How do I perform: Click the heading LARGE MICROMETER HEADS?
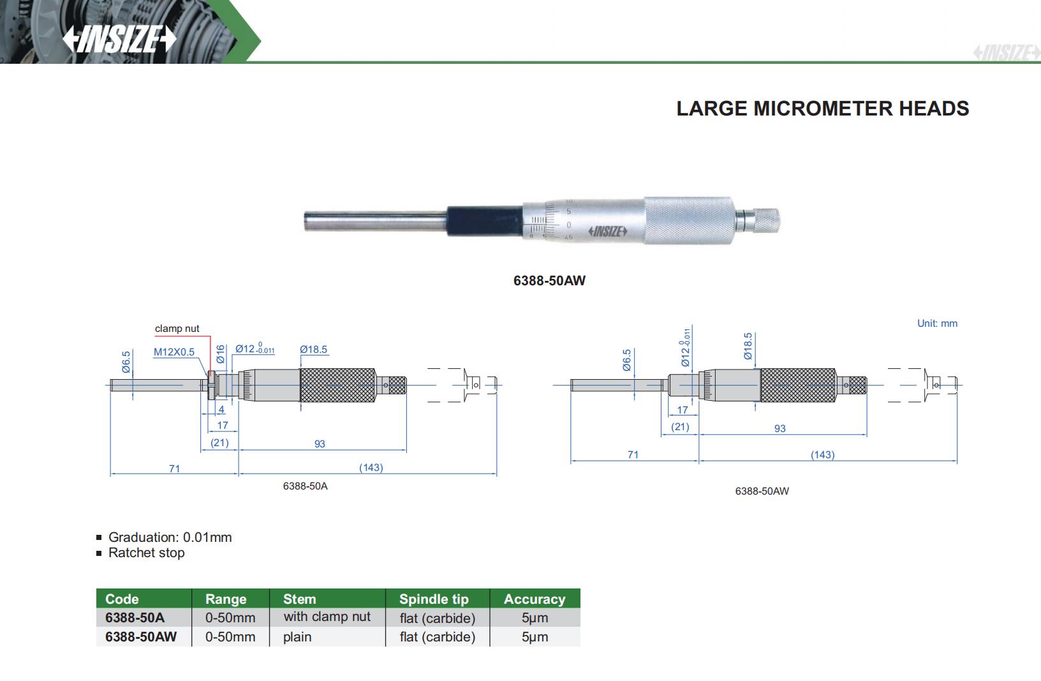click(x=822, y=109)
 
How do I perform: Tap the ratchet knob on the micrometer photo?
click(x=765, y=220)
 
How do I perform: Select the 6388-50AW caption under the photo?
click(x=549, y=280)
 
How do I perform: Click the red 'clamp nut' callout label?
click(x=177, y=329)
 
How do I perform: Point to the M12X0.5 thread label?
click(x=173, y=352)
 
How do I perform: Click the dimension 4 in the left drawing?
click(x=221, y=409)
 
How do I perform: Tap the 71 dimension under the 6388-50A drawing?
click(x=174, y=468)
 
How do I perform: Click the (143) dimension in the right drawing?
click(x=822, y=454)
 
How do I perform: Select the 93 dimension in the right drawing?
click(x=779, y=428)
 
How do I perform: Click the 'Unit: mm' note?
click(x=937, y=323)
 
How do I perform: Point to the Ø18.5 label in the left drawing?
click(x=313, y=349)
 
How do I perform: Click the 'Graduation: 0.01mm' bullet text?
click(x=170, y=537)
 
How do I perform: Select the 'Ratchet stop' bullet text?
click(x=146, y=553)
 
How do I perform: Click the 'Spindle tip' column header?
click(x=434, y=599)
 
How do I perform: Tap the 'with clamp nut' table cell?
click(x=327, y=617)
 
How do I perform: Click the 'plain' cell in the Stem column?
click(x=297, y=636)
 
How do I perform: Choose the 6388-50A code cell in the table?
click(x=135, y=617)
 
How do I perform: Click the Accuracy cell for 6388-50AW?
click(x=535, y=636)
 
